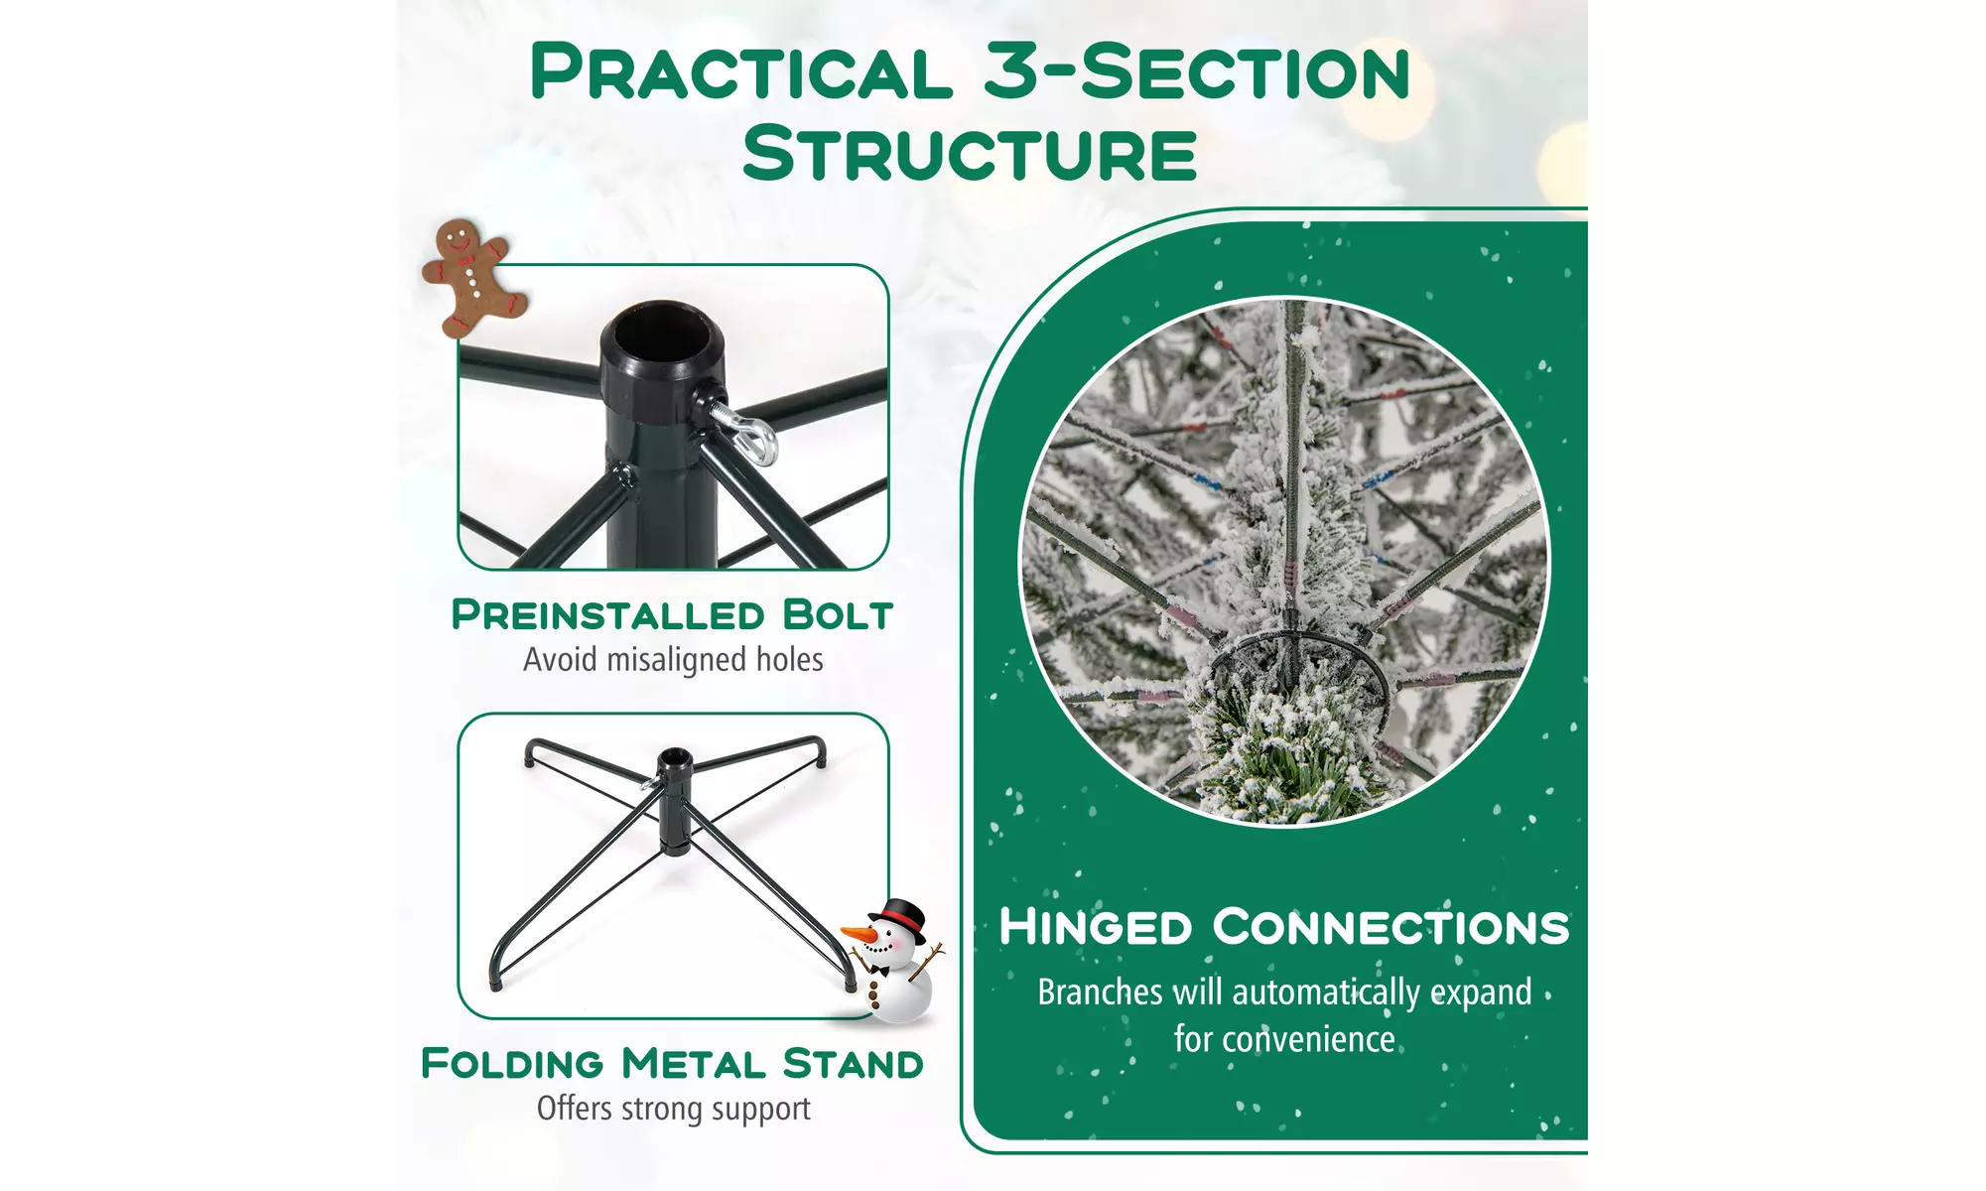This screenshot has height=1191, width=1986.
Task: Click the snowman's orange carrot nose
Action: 859,935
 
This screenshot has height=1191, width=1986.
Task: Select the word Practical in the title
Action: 741,72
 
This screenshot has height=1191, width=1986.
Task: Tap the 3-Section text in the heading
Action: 1197,72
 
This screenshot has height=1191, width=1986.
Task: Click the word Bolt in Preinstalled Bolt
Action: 838,615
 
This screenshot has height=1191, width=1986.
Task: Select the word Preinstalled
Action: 608,615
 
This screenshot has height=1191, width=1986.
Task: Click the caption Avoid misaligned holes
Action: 673,660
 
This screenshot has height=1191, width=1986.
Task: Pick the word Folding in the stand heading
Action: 512,1064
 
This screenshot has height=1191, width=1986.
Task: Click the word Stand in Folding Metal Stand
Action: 854,1064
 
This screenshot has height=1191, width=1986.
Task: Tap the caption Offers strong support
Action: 673,1109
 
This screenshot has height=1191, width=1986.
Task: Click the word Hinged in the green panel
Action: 1096,927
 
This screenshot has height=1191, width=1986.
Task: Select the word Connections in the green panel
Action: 1391,927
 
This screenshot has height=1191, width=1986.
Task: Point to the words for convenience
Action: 1284,1039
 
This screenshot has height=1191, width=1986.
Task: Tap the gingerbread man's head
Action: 458,239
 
